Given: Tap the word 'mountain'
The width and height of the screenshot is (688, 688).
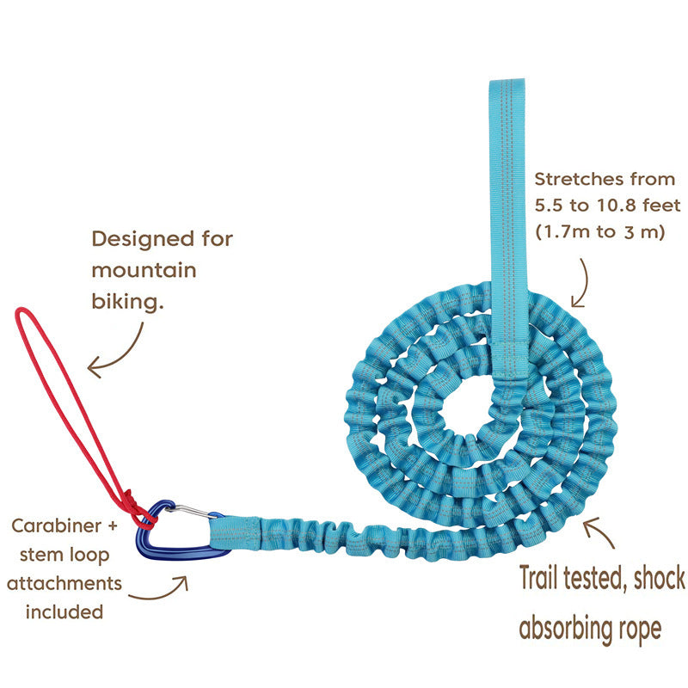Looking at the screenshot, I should coord(144,271).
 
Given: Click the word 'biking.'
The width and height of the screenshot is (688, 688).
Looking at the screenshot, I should coord(126,302).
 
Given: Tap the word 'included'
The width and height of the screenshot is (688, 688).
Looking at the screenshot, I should coord(64,612).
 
